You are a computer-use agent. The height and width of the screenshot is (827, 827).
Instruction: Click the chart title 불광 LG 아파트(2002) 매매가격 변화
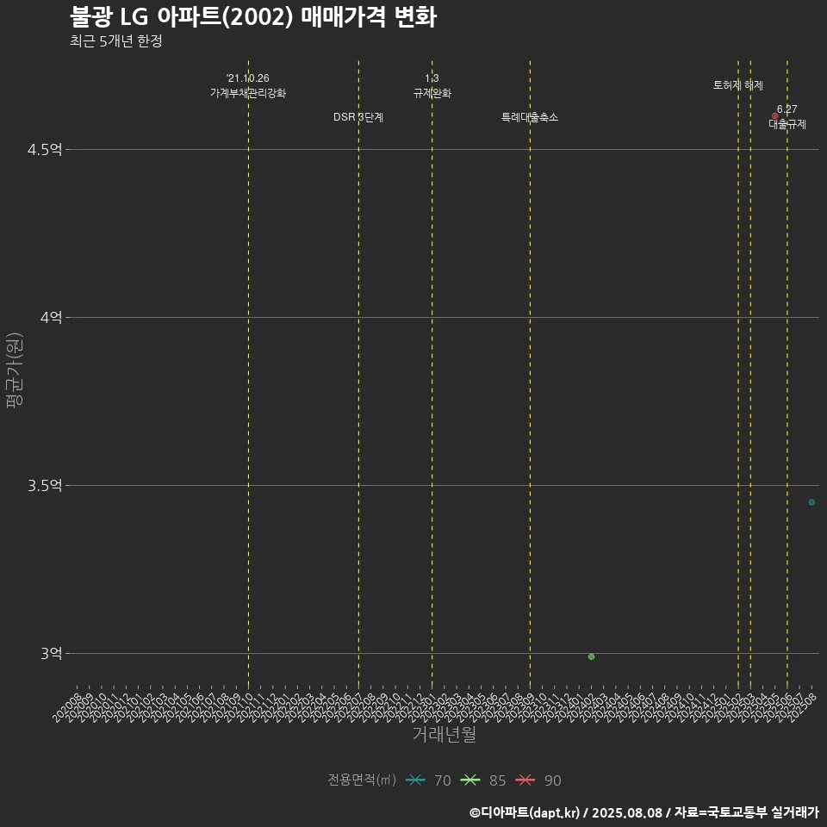point(253,17)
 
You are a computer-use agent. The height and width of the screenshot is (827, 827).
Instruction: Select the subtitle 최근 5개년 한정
point(115,41)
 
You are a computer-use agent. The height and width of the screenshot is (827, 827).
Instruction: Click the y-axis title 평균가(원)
point(14,370)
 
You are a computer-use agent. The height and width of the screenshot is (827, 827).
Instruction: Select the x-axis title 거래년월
point(444,735)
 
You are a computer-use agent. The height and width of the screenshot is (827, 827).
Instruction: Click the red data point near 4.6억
point(775,115)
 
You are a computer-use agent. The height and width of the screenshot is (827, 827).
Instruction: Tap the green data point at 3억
point(591,656)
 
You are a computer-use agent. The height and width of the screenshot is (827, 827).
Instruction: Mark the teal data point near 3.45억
point(811,502)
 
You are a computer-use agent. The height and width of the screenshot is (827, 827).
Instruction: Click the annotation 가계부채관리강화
point(248,93)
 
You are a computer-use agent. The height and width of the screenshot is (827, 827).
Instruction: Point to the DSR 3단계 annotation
point(358,117)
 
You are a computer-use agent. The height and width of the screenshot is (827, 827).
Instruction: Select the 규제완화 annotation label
point(432,93)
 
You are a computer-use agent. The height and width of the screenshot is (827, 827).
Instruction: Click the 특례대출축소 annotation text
point(530,117)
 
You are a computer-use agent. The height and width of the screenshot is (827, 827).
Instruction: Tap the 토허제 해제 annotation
point(738,85)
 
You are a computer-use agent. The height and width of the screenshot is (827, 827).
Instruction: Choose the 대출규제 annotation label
point(787,124)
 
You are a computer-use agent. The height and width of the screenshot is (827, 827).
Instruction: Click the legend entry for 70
point(428,780)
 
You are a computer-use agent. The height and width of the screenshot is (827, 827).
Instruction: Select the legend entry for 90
point(538,780)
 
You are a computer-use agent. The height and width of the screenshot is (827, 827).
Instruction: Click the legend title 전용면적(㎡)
point(362,780)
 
